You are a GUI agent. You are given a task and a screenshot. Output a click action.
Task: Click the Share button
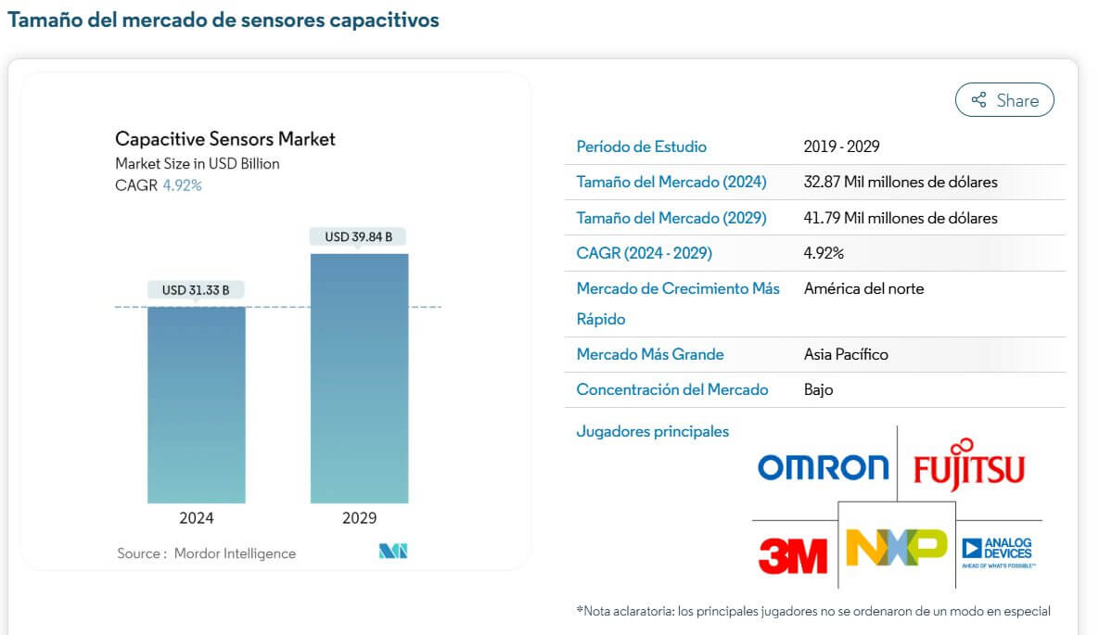1004,100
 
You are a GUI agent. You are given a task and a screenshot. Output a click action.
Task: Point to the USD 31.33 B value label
196,290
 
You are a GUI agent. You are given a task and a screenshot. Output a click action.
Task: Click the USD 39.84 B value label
358,237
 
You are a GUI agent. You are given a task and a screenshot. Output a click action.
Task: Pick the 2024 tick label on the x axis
196,518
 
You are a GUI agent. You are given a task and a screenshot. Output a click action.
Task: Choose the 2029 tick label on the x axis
359,518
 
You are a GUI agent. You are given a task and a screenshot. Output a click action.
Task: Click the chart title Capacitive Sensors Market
225,139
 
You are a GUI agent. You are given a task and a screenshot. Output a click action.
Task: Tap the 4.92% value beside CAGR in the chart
182,185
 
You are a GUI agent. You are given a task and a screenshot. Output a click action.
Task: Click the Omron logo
823,467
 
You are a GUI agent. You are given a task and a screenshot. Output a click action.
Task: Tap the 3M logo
792,555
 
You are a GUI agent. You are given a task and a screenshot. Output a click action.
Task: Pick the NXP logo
896,548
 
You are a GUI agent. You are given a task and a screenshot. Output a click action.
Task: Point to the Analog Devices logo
998,552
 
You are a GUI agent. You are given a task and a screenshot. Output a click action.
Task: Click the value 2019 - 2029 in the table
841,146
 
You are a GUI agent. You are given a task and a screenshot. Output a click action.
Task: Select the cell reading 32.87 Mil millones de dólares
900,182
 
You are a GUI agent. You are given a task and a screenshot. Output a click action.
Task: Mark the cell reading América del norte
863,288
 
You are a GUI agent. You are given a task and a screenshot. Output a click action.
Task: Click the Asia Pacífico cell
846,354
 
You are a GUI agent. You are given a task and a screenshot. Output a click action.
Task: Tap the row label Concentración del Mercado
671,389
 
